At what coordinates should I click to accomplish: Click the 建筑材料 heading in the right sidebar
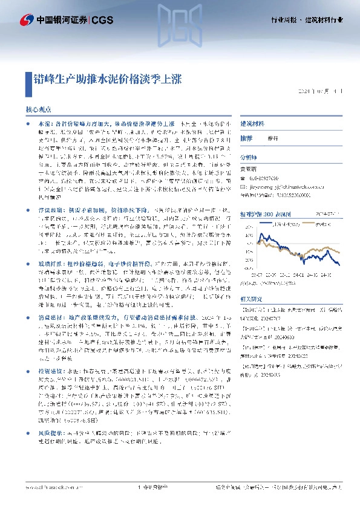click(x=253, y=123)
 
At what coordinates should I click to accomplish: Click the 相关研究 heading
click(x=252, y=299)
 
